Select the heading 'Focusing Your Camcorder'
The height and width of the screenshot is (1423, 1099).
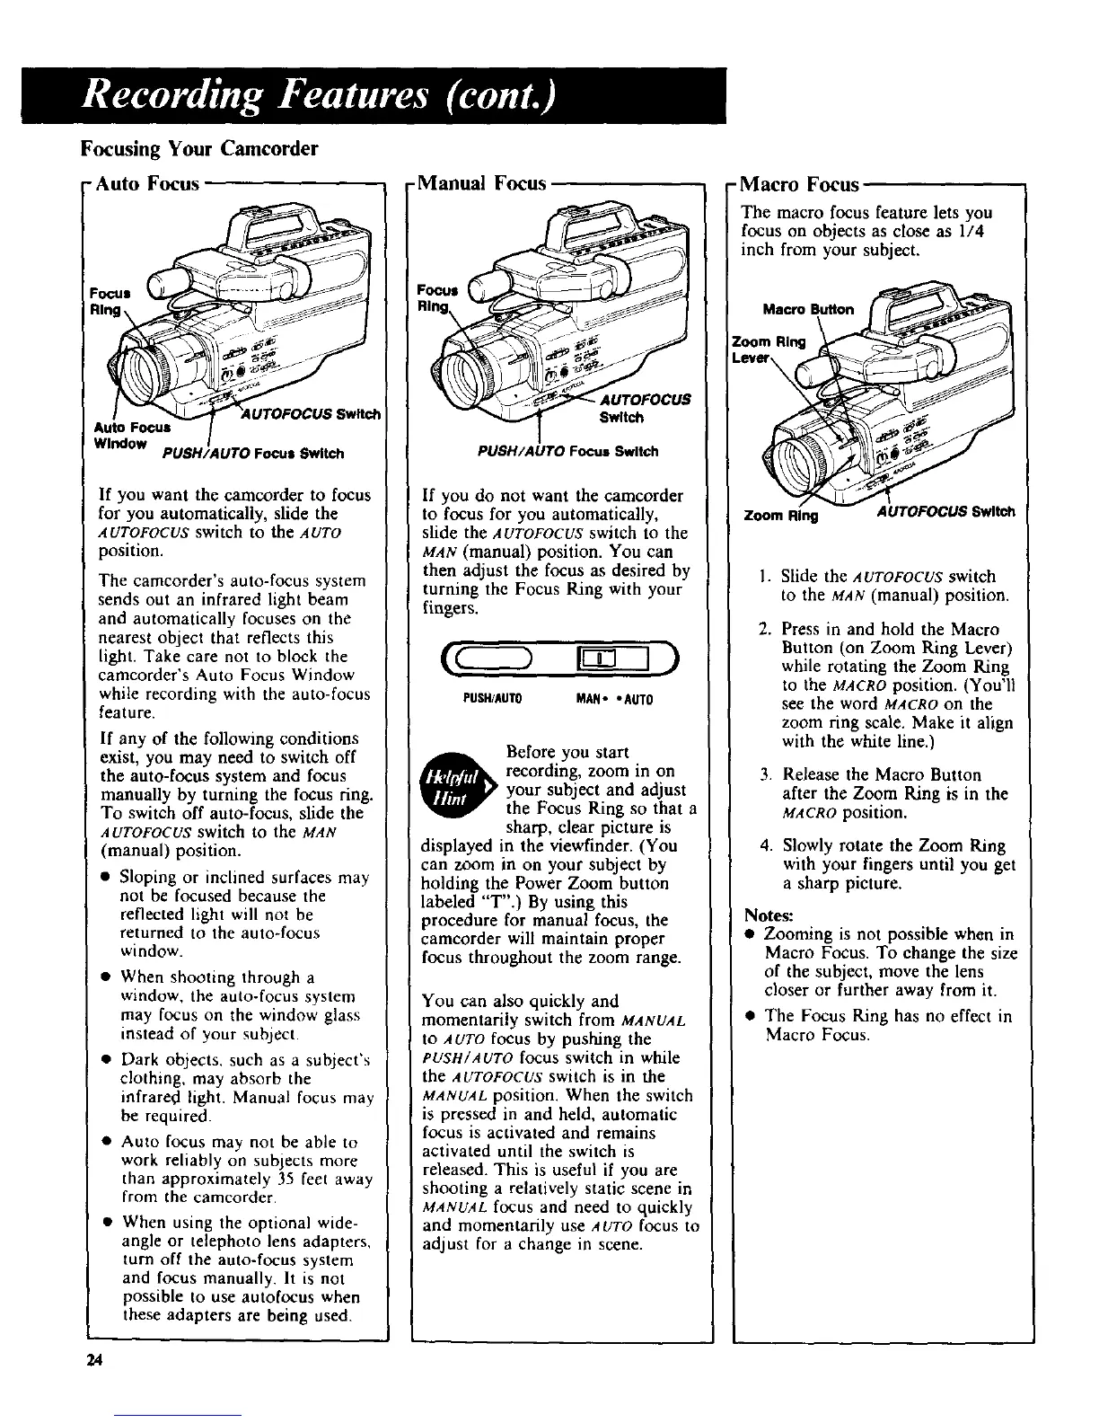[x=199, y=147]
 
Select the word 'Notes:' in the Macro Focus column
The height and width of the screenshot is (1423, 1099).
[x=768, y=915]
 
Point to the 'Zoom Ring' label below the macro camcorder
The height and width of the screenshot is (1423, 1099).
[x=777, y=513]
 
